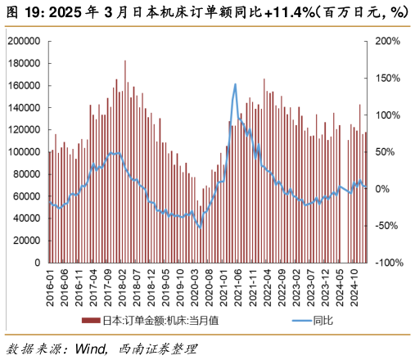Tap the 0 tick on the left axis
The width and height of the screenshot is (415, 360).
pos(38,263)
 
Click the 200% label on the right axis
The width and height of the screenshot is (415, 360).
pos(386,41)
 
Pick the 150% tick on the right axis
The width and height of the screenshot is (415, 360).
pos(386,78)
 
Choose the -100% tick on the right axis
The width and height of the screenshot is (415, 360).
pos(388,263)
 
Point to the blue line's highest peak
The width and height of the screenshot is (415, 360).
pos(236,83)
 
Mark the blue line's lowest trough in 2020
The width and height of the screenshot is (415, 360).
pos(201,227)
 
